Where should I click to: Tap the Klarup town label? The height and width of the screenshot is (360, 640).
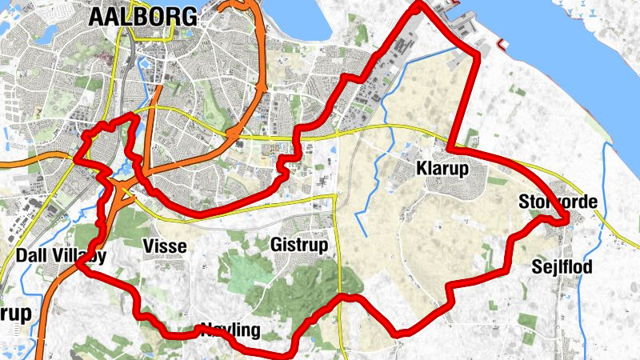pyautogui.click(x=442, y=169)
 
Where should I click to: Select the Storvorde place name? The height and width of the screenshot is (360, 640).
pyautogui.click(x=558, y=202)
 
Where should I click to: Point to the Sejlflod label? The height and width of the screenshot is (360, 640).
pyautogui.click(x=562, y=267)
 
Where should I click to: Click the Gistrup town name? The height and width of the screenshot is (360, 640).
pyautogui.click(x=299, y=245)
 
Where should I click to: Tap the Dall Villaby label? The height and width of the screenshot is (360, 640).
pyautogui.click(x=61, y=256)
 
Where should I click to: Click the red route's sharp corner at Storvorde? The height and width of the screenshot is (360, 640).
pyautogui.click(x=566, y=220)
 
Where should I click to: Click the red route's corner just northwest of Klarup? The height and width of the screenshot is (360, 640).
pyautogui.click(x=452, y=149)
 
